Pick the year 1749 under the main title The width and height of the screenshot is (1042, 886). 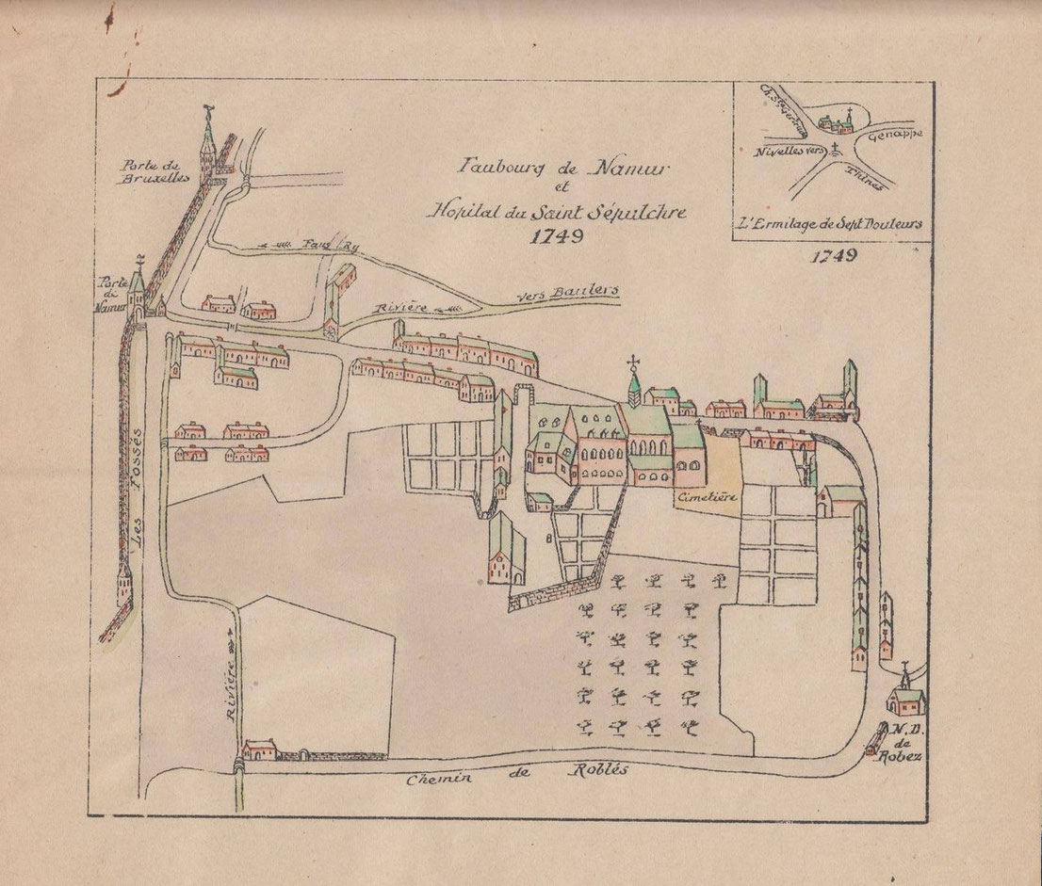(557, 235)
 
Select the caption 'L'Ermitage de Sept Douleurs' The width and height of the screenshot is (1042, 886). (830, 224)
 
